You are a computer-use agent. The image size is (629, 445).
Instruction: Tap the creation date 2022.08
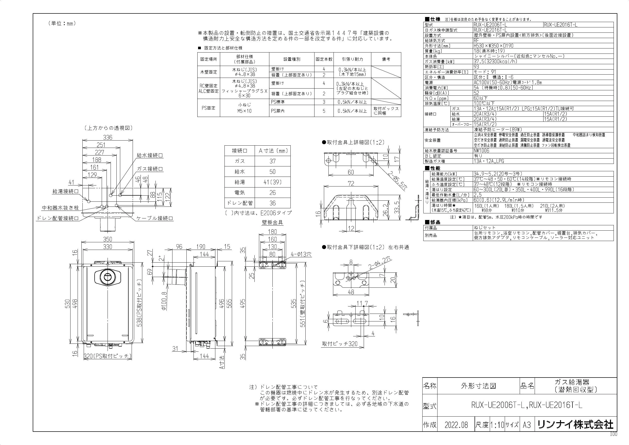coord(456,425)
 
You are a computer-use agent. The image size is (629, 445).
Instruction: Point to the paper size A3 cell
coord(527,425)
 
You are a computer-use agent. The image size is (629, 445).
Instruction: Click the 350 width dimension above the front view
coord(107,239)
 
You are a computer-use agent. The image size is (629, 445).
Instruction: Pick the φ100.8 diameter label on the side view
coord(164,301)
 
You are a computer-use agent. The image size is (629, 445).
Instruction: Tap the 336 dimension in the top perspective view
coord(107,137)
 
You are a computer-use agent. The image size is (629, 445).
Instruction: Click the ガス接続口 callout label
coord(150,169)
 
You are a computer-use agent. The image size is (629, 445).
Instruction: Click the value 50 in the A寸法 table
coord(272,172)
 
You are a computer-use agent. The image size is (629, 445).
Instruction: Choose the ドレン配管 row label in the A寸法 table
coord(239,203)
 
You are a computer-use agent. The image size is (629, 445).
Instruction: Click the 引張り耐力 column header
coord(352,59)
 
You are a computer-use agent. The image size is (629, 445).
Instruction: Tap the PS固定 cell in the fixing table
coord(209,108)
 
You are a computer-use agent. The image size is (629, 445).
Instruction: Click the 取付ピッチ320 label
coord(340,344)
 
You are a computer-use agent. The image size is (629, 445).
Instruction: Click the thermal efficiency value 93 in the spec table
coord(477,66)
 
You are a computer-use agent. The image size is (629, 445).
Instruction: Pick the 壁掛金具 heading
coord(272,222)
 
